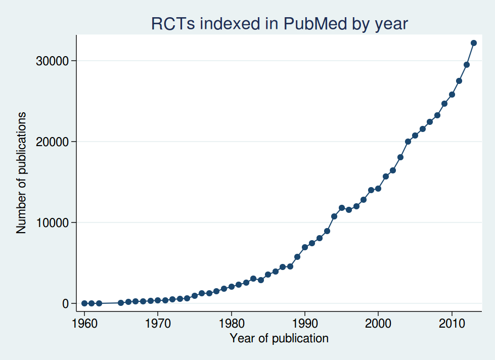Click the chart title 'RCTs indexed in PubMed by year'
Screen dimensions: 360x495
click(279, 24)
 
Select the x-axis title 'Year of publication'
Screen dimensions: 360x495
click(279, 338)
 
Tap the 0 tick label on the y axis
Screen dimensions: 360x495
click(65, 303)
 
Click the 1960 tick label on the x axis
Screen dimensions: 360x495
click(84, 324)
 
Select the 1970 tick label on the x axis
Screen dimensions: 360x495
click(158, 324)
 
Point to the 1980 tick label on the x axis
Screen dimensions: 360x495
click(231, 324)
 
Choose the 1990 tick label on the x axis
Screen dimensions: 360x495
click(304, 324)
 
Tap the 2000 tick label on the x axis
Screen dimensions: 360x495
click(378, 324)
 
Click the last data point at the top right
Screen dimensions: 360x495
click(474, 43)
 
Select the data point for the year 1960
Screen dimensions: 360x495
click(84, 303)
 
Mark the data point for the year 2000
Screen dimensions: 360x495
click(378, 189)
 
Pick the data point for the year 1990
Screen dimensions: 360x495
click(304, 247)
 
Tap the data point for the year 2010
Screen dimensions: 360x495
click(452, 95)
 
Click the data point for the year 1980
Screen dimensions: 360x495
click(231, 287)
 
